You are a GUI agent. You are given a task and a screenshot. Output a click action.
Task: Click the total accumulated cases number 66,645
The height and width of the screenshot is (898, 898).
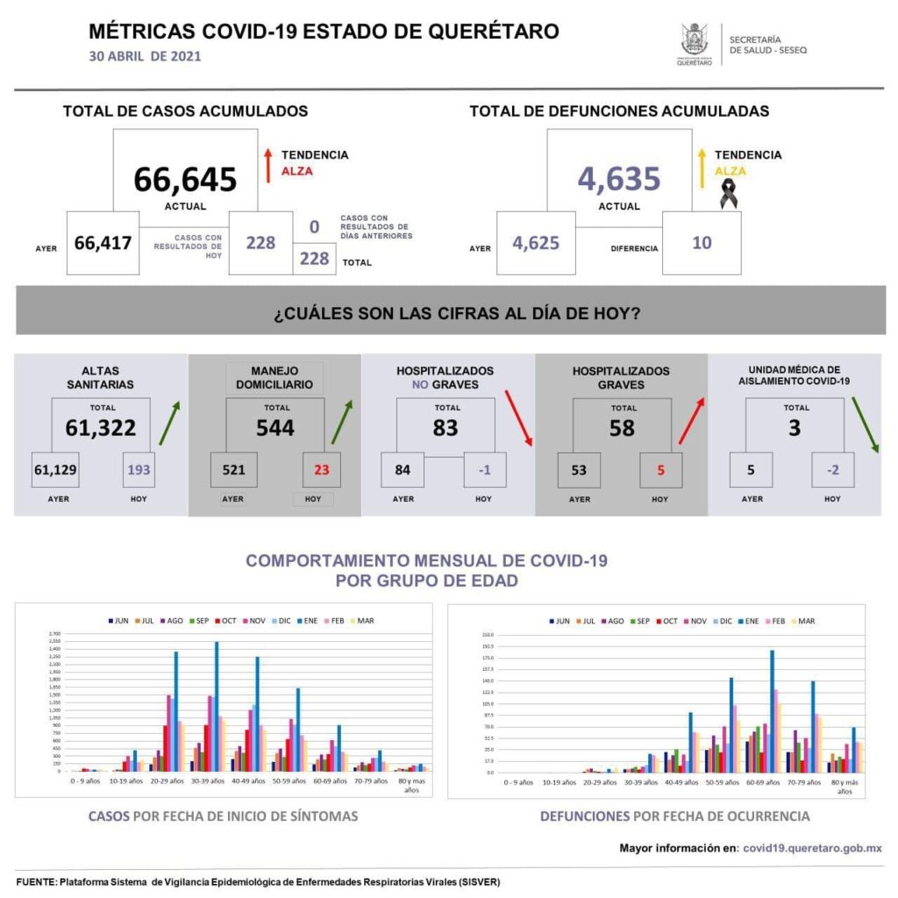(185, 179)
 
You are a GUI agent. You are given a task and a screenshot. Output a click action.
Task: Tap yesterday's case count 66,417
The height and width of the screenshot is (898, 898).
(103, 243)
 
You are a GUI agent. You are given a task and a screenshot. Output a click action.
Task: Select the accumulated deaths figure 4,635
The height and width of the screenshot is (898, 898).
(618, 179)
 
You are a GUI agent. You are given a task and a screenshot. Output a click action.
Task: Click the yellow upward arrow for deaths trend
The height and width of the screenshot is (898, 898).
(702, 165)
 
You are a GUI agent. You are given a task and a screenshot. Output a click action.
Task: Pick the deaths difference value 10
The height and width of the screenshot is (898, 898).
(702, 243)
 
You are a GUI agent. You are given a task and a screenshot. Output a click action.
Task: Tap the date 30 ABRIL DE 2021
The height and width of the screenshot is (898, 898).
(146, 56)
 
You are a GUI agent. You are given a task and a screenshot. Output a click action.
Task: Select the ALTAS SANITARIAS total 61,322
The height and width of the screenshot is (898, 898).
(101, 427)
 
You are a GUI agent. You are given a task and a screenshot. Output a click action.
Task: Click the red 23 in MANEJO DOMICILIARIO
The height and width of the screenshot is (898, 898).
(321, 469)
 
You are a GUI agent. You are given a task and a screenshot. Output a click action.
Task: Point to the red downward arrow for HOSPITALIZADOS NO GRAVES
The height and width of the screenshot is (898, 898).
(518, 417)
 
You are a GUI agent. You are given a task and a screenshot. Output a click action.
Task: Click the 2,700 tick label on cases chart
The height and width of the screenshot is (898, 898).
(54, 633)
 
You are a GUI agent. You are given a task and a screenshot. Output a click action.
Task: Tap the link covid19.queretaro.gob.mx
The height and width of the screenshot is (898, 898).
(812, 848)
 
